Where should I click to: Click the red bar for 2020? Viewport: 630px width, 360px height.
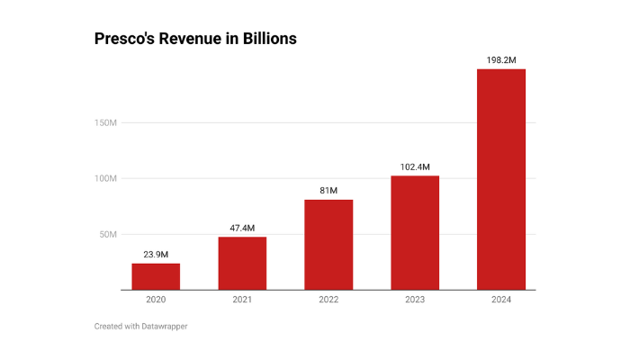[156, 276]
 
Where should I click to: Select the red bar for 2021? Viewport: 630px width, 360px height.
[242, 263]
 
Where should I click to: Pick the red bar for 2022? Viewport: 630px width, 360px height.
[328, 245]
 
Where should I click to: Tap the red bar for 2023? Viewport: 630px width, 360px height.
[415, 232]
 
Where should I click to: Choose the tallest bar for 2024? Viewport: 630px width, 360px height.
[501, 180]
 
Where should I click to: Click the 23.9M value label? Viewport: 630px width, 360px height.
[156, 254]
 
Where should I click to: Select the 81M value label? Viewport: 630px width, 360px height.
[328, 191]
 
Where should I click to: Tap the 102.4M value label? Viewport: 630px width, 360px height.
[415, 166]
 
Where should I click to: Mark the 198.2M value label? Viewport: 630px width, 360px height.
[501, 59]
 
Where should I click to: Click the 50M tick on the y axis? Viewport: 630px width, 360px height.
[106, 234]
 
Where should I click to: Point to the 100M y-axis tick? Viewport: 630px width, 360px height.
[104, 178]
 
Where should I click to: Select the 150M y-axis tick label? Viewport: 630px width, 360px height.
[104, 122]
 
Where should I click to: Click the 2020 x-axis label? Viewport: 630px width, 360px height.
[156, 300]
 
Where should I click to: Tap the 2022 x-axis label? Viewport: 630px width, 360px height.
[328, 300]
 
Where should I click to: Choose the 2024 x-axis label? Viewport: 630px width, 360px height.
[501, 300]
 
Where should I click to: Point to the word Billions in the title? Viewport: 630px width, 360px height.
[266, 40]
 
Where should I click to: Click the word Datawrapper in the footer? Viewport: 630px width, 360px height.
[164, 326]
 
